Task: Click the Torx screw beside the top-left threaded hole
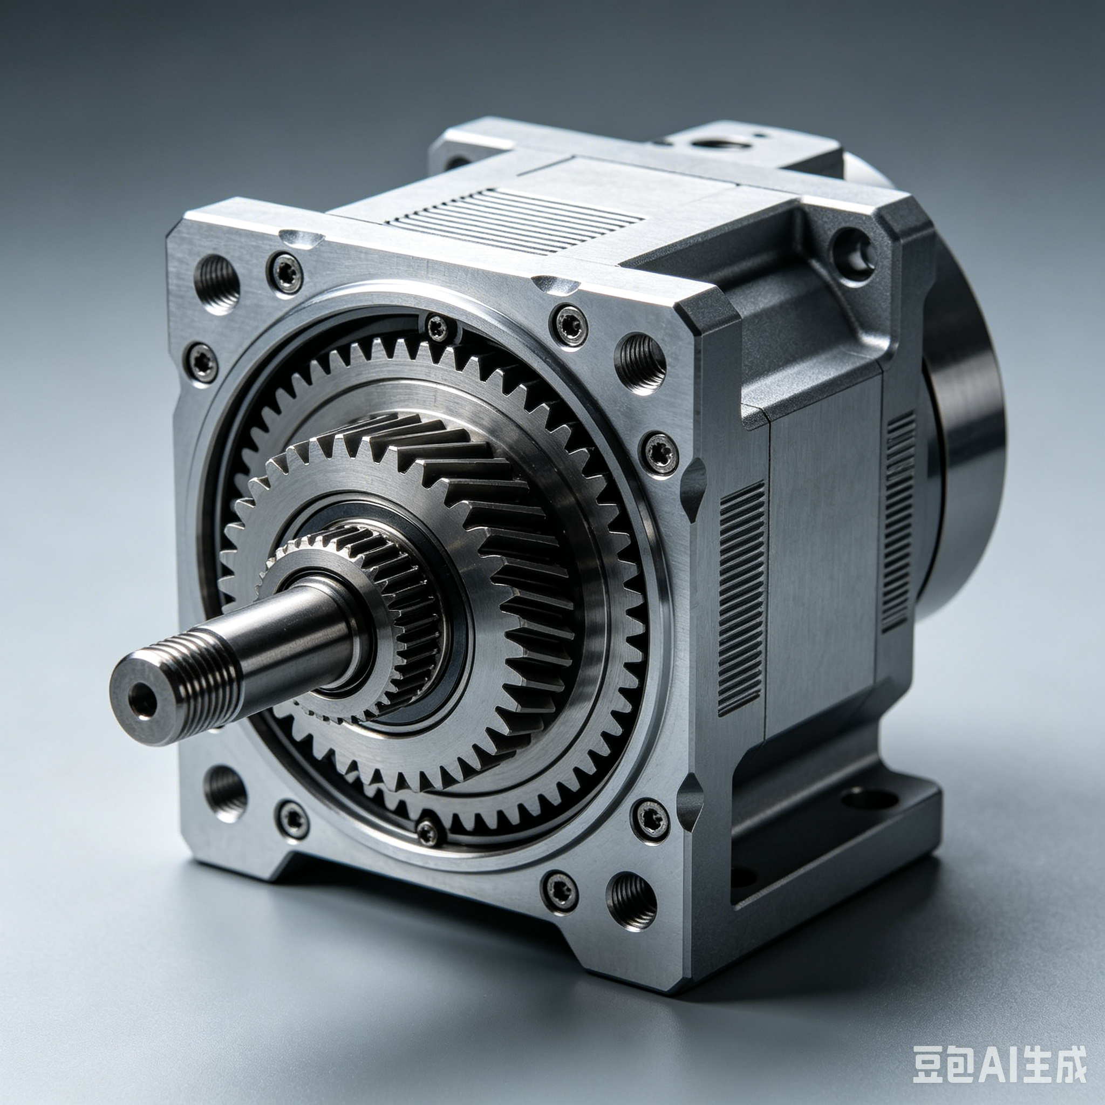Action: [285, 273]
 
